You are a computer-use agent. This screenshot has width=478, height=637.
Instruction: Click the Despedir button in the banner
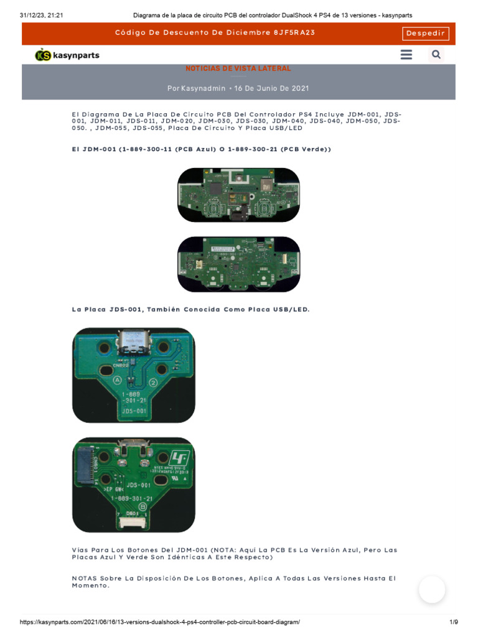tap(426, 34)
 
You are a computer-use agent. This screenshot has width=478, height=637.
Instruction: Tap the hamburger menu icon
tap(406, 55)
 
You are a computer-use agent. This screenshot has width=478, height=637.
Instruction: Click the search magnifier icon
tap(436, 55)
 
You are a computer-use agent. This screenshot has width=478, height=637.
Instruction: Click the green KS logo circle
tap(43, 55)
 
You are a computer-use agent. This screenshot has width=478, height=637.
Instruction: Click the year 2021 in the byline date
tap(299, 88)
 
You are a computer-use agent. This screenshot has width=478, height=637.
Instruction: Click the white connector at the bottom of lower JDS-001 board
tap(133, 522)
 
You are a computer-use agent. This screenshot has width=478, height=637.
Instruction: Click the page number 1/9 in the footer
tap(453, 622)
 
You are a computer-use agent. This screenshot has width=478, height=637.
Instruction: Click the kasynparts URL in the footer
tap(160, 622)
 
